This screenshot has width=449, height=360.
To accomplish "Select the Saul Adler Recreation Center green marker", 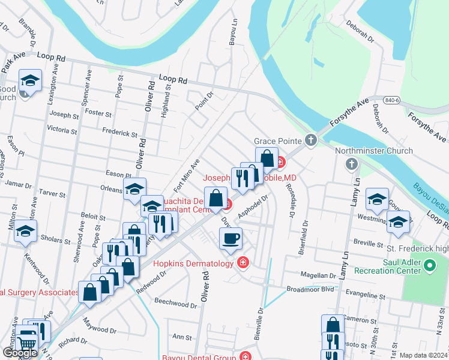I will click(x=430, y=265).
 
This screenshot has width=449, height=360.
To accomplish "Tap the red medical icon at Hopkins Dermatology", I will click(x=243, y=263).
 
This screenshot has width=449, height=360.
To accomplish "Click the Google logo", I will click(x=20, y=353).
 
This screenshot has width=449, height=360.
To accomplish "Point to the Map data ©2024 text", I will click(x=424, y=355).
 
